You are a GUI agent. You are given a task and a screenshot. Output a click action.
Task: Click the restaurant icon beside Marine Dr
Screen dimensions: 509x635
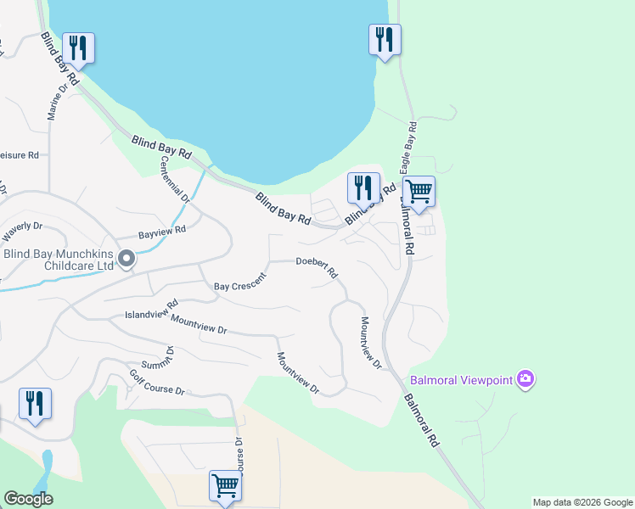[78, 48]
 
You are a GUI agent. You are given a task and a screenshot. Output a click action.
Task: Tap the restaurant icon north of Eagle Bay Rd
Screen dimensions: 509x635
[385, 40]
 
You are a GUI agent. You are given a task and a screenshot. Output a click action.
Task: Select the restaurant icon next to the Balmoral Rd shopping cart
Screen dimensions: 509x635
[363, 188]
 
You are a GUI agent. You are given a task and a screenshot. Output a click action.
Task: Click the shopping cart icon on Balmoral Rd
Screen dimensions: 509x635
[419, 191]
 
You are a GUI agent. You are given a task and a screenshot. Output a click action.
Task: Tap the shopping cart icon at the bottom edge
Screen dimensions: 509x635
[225, 486]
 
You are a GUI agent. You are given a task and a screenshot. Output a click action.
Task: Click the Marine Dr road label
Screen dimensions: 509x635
[55, 102]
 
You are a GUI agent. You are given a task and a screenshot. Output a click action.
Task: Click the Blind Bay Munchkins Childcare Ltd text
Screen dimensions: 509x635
[58, 259]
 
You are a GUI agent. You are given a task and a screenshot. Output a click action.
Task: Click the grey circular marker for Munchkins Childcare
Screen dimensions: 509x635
[126, 259]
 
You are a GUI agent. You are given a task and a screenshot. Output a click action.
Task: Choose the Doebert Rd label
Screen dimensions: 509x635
[317, 267]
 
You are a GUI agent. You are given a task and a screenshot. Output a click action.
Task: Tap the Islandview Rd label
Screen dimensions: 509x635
[151, 309]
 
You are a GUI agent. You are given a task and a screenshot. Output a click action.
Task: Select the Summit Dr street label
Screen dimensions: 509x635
[160, 362]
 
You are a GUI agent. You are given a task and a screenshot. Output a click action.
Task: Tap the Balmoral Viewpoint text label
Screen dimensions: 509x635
[462, 380]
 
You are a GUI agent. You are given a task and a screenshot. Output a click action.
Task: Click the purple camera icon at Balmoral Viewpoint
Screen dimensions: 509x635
[525, 378]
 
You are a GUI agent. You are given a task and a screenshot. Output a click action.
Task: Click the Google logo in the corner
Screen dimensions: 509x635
[28, 499]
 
